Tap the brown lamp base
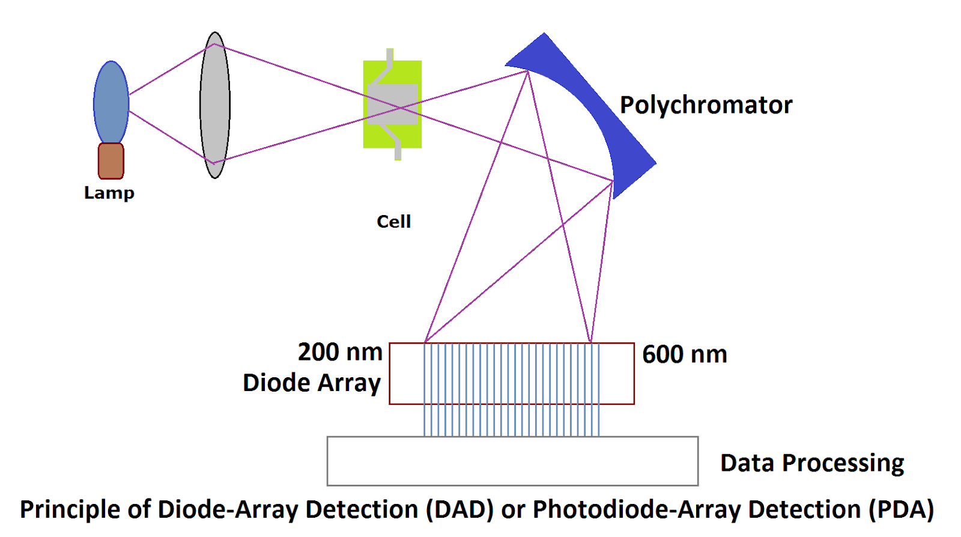click(111, 161)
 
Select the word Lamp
click(109, 193)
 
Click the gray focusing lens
click(215, 105)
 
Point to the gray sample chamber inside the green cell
click(392, 105)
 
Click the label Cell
click(393, 222)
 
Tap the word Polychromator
click(706, 105)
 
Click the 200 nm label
click(340, 352)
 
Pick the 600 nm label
click(684, 354)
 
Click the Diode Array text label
click(312, 383)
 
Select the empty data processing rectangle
click(512, 461)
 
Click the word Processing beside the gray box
click(843, 463)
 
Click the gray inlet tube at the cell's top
click(390, 57)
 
